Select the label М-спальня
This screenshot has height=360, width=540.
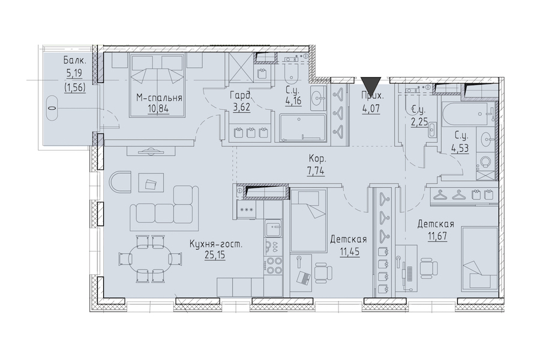click(159, 98)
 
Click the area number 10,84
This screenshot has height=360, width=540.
click(159, 109)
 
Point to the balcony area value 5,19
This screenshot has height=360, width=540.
click(75, 73)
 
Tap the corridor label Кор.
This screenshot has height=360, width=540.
click(317, 160)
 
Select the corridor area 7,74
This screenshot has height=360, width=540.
click(316, 170)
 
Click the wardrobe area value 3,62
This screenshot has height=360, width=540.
click(241, 107)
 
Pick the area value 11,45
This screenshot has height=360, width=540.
click(350, 251)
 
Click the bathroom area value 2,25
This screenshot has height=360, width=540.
click(419, 122)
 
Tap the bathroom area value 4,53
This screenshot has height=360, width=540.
click(460, 149)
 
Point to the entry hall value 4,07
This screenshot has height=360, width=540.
click(371, 108)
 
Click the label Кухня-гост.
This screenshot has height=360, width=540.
click(216, 245)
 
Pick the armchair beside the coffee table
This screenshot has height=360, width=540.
click(121, 182)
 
